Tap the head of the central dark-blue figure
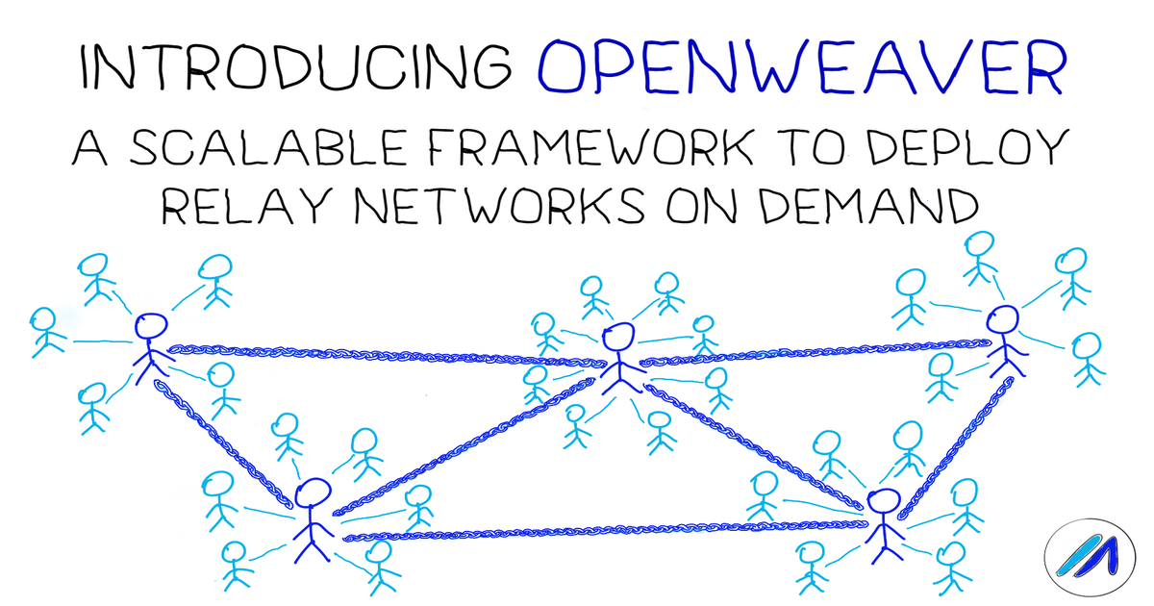point(617,338)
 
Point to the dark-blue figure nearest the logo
point(881,526)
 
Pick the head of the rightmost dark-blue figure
point(1002,319)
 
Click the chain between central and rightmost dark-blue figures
point(813,351)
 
